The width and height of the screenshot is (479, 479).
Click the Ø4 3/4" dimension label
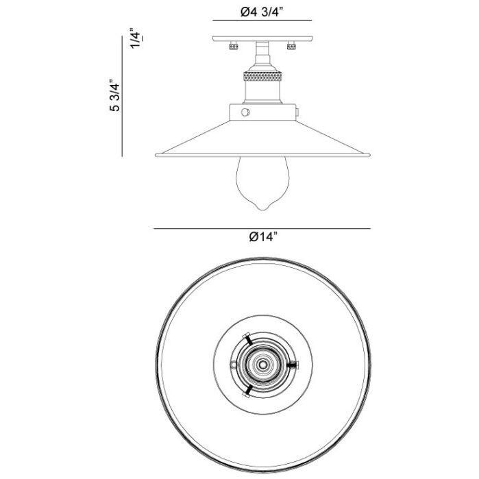[262, 12]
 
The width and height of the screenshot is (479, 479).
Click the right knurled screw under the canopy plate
[293, 46]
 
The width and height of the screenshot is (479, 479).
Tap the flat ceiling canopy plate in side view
[262, 39]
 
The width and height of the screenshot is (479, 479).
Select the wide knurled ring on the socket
[262, 77]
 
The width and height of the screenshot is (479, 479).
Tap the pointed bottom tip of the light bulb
[262, 208]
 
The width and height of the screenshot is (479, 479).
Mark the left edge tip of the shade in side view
[157, 153]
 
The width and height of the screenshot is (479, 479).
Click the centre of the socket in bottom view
[262, 365]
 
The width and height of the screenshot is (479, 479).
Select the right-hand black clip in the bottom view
[293, 365]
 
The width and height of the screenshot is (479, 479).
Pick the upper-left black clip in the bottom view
[248, 341]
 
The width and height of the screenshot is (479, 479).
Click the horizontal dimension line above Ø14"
[262, 228]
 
